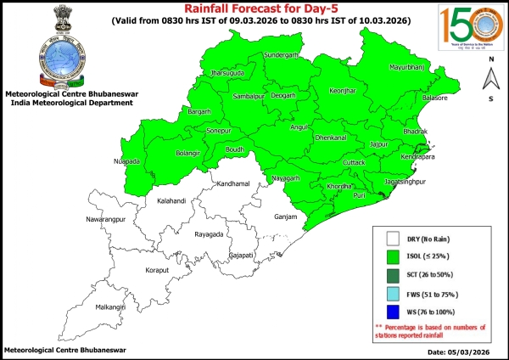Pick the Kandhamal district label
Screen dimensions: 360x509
click(x=233, y=183)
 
